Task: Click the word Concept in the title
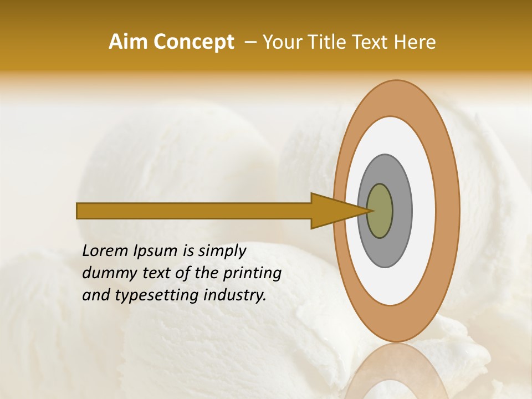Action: (x=193, y=42)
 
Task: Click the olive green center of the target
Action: (x=380, y=211)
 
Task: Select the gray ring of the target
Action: (x=401, y=211)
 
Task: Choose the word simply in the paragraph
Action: (x=222, y=252)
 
